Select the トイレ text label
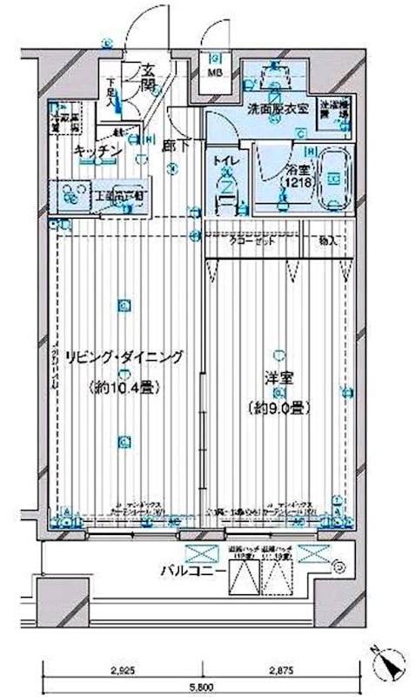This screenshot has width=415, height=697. click(x=224, y=160)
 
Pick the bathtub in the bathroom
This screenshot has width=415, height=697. click(x=331, y=178)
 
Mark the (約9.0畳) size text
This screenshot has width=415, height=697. click(x=278, y=408)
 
